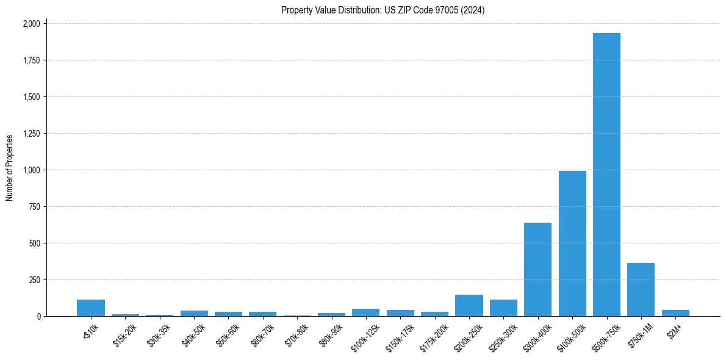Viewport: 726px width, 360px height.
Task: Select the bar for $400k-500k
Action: (572, 243)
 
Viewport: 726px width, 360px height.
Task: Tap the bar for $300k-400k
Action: (537, 269)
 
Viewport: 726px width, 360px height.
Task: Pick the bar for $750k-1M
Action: (641, 289)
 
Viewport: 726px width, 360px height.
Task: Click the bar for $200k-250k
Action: (469, 305)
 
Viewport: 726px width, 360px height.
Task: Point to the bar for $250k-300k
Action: (503, 308)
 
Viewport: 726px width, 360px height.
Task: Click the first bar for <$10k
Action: (91, 308)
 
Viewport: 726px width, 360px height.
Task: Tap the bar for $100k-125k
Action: (365, 312)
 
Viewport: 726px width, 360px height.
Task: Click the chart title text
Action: (383, 10)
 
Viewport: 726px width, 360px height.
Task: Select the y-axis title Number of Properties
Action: (10, 168)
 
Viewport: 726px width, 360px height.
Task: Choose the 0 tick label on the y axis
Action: (38, 317)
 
